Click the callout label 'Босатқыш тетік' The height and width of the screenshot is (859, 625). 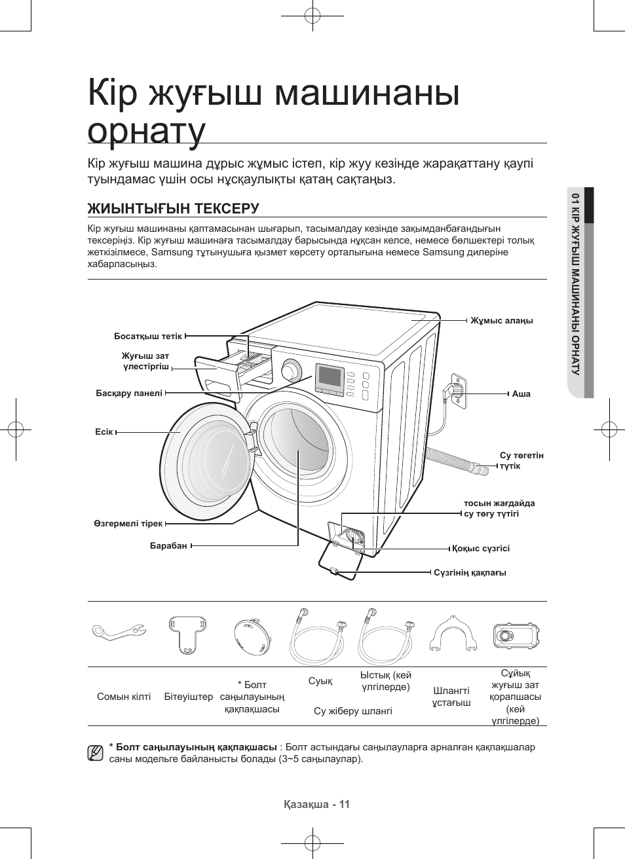pos(147,336)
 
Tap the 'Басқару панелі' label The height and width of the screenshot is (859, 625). pos(129,393)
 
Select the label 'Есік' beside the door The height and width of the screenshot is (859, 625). pos(104,432)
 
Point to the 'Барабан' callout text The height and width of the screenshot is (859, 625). pos(168,545)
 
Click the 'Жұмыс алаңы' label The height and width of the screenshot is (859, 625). pos(501,320)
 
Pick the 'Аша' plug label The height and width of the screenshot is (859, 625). pos(521,393)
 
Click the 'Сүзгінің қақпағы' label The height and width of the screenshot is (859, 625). pos(470,572)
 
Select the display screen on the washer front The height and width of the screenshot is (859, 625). pos(330,377)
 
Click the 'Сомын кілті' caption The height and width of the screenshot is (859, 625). pos(124,697)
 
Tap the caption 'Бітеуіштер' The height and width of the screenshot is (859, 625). pos(189,697)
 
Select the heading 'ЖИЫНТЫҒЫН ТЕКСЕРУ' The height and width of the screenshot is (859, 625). pos(174,208)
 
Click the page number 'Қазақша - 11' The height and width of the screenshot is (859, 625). pos(317,805)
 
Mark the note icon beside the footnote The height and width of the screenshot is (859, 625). pos(96,753)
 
